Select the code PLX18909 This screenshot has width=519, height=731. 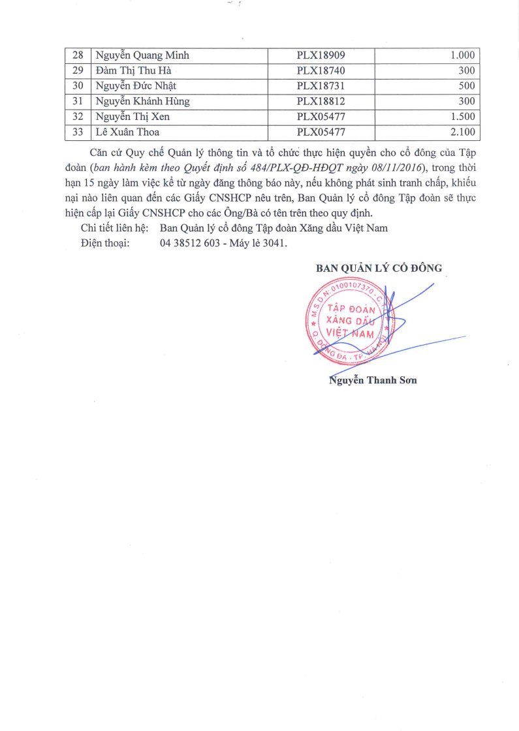coord(321,55)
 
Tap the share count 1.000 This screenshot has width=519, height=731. coord(462,55)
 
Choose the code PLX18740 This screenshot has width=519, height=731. coord(321,70)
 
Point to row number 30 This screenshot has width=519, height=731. coord(77,86)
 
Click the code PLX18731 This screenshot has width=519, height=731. coord(321,86)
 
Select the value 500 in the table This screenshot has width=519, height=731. coord(466,86)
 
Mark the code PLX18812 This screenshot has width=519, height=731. coord(321,102)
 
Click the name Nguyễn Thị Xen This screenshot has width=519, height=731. coord(133,117)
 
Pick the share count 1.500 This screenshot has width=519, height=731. coord(462,117)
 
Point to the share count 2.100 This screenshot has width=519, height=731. coord(462,133)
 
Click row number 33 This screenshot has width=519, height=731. coord(77,133)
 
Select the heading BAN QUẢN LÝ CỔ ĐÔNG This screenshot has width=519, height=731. coord(379,268)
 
